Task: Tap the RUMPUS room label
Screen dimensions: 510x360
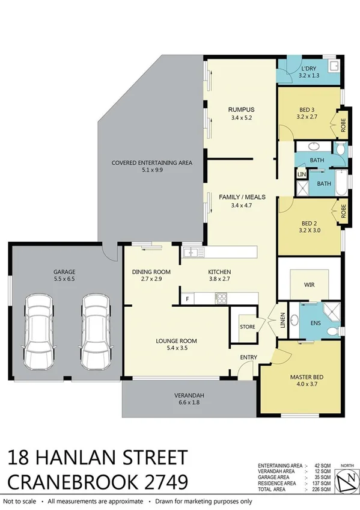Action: point(241,109)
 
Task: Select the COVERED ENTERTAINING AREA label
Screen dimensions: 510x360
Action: point(151,162)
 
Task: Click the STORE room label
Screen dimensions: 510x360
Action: point(247,327)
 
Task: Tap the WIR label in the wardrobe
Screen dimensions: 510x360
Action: point(310,284)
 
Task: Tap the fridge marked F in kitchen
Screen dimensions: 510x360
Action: point(188,298)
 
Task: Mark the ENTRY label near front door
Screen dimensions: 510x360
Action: point(248,357)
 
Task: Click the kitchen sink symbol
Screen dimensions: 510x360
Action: point(192,252)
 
